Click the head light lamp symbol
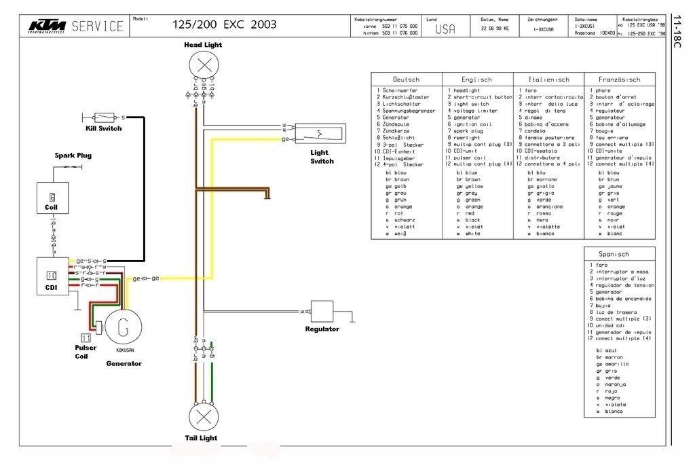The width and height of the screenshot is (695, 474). point(202,66)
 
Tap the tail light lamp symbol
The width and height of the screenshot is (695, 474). point(202,416)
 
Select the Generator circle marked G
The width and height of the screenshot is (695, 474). point(122,329)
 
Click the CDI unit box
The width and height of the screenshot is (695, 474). point(52,276)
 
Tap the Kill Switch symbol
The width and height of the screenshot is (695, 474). point(105,117)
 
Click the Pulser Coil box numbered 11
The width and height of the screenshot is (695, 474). point(86,337)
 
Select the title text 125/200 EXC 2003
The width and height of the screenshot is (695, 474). point(225,24)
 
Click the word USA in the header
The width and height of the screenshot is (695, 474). point(445,29)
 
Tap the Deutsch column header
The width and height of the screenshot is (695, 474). point(406,79)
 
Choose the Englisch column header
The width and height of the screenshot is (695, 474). point(476,79)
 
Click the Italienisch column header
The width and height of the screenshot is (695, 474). point(548,79)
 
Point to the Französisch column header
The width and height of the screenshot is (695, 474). point(618,79)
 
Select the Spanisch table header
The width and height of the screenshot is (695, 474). point(618,254)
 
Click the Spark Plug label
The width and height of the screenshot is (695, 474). point(73,156)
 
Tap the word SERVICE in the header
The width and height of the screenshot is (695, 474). point(98,26)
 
